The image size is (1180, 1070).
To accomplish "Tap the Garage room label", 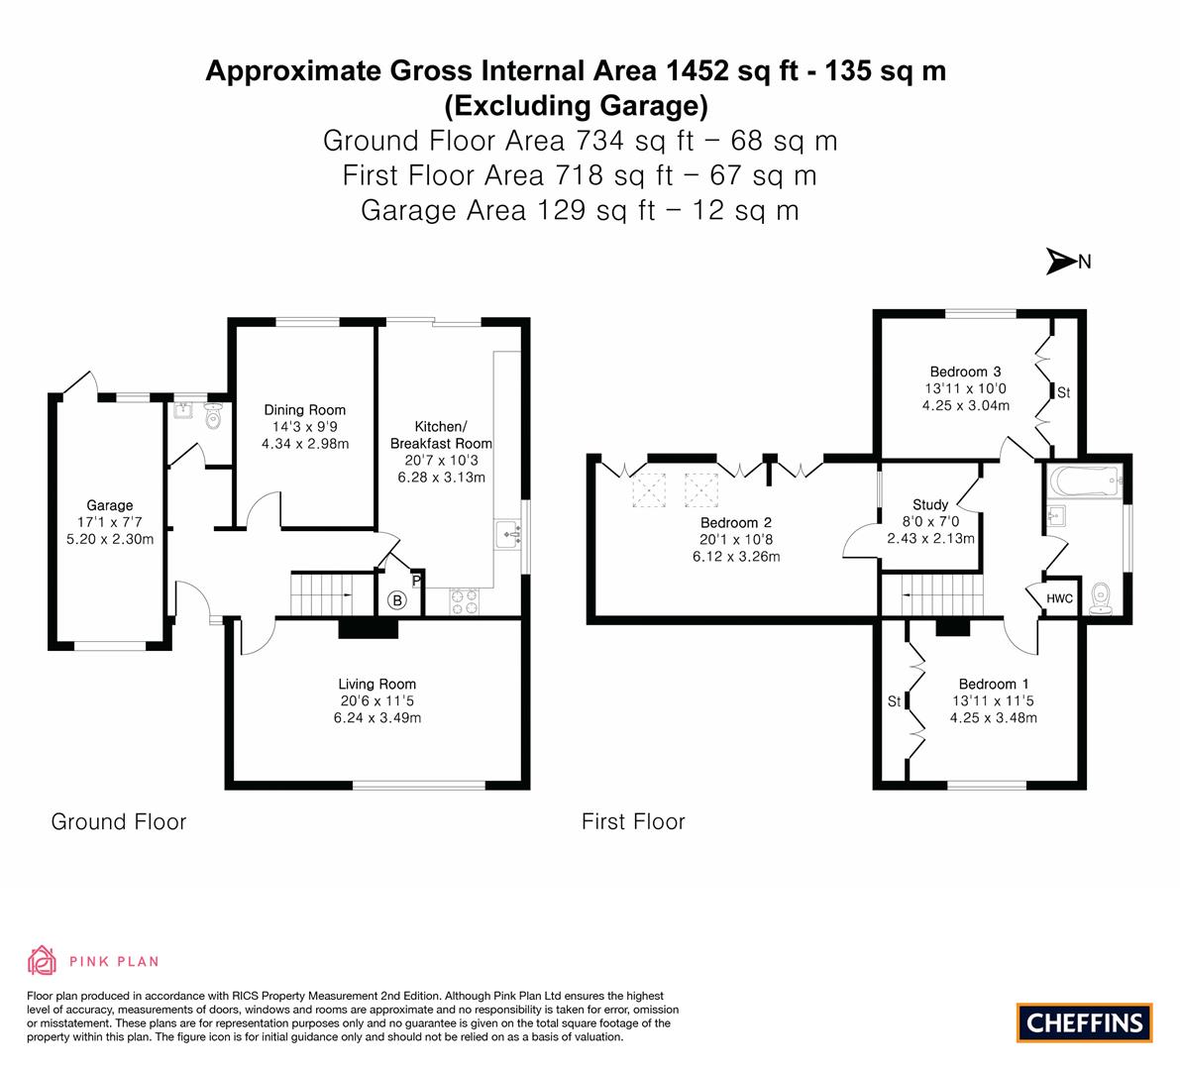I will coord(109,505).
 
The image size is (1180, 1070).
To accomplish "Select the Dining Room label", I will coord(304,410).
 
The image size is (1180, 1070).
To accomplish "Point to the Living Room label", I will coord(376,684).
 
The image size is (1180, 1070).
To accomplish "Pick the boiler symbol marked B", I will coord(396,599).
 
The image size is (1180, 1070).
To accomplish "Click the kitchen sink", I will coord(510,535).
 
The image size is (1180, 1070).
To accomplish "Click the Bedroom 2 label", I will coord(735,523).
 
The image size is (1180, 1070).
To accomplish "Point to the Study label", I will coord(930,505).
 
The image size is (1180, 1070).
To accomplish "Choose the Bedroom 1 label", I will coord(993,684).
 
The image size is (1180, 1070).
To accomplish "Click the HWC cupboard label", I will coord(1060,598).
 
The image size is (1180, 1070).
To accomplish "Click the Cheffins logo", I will coord(1084,1022).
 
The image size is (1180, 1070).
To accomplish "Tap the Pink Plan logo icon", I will coord(42,960).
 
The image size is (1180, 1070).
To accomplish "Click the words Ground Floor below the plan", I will coord(119,821).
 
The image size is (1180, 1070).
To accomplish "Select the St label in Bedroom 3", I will coord(1063,392).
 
